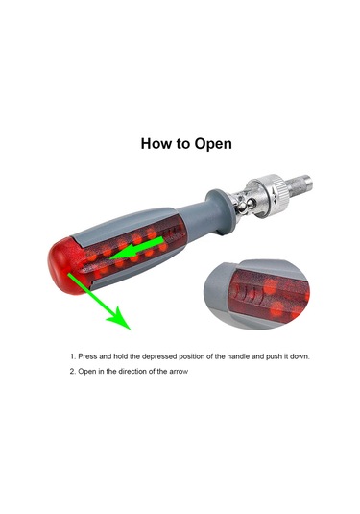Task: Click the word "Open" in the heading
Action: point(213,144)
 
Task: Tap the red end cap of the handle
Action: point(65,266)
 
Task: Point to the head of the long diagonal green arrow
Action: point(120,319)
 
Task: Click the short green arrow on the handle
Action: point(136,249)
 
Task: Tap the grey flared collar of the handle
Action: point(218,211)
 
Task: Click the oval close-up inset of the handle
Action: point(256,294)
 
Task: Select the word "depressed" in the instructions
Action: point(159,356)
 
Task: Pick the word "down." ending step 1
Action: point(300,356)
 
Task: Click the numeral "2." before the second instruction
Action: point(72,372)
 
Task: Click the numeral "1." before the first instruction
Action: point(73,356)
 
